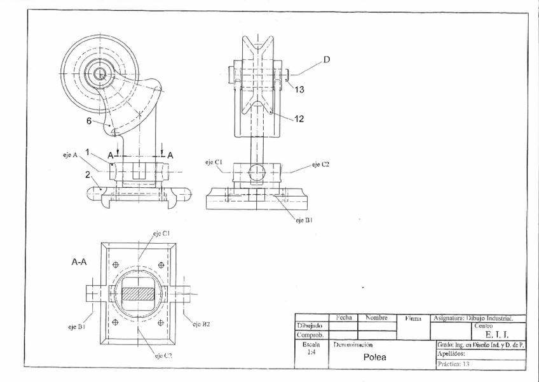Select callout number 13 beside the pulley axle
click(x=300, y=89)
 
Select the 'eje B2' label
click(x=202, y=323)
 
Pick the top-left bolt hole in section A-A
click(x=115, y=265)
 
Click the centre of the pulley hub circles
click(x=99, y=74)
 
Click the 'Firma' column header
click(x=413, y=317)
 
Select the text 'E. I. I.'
click(x=495, y=335)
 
